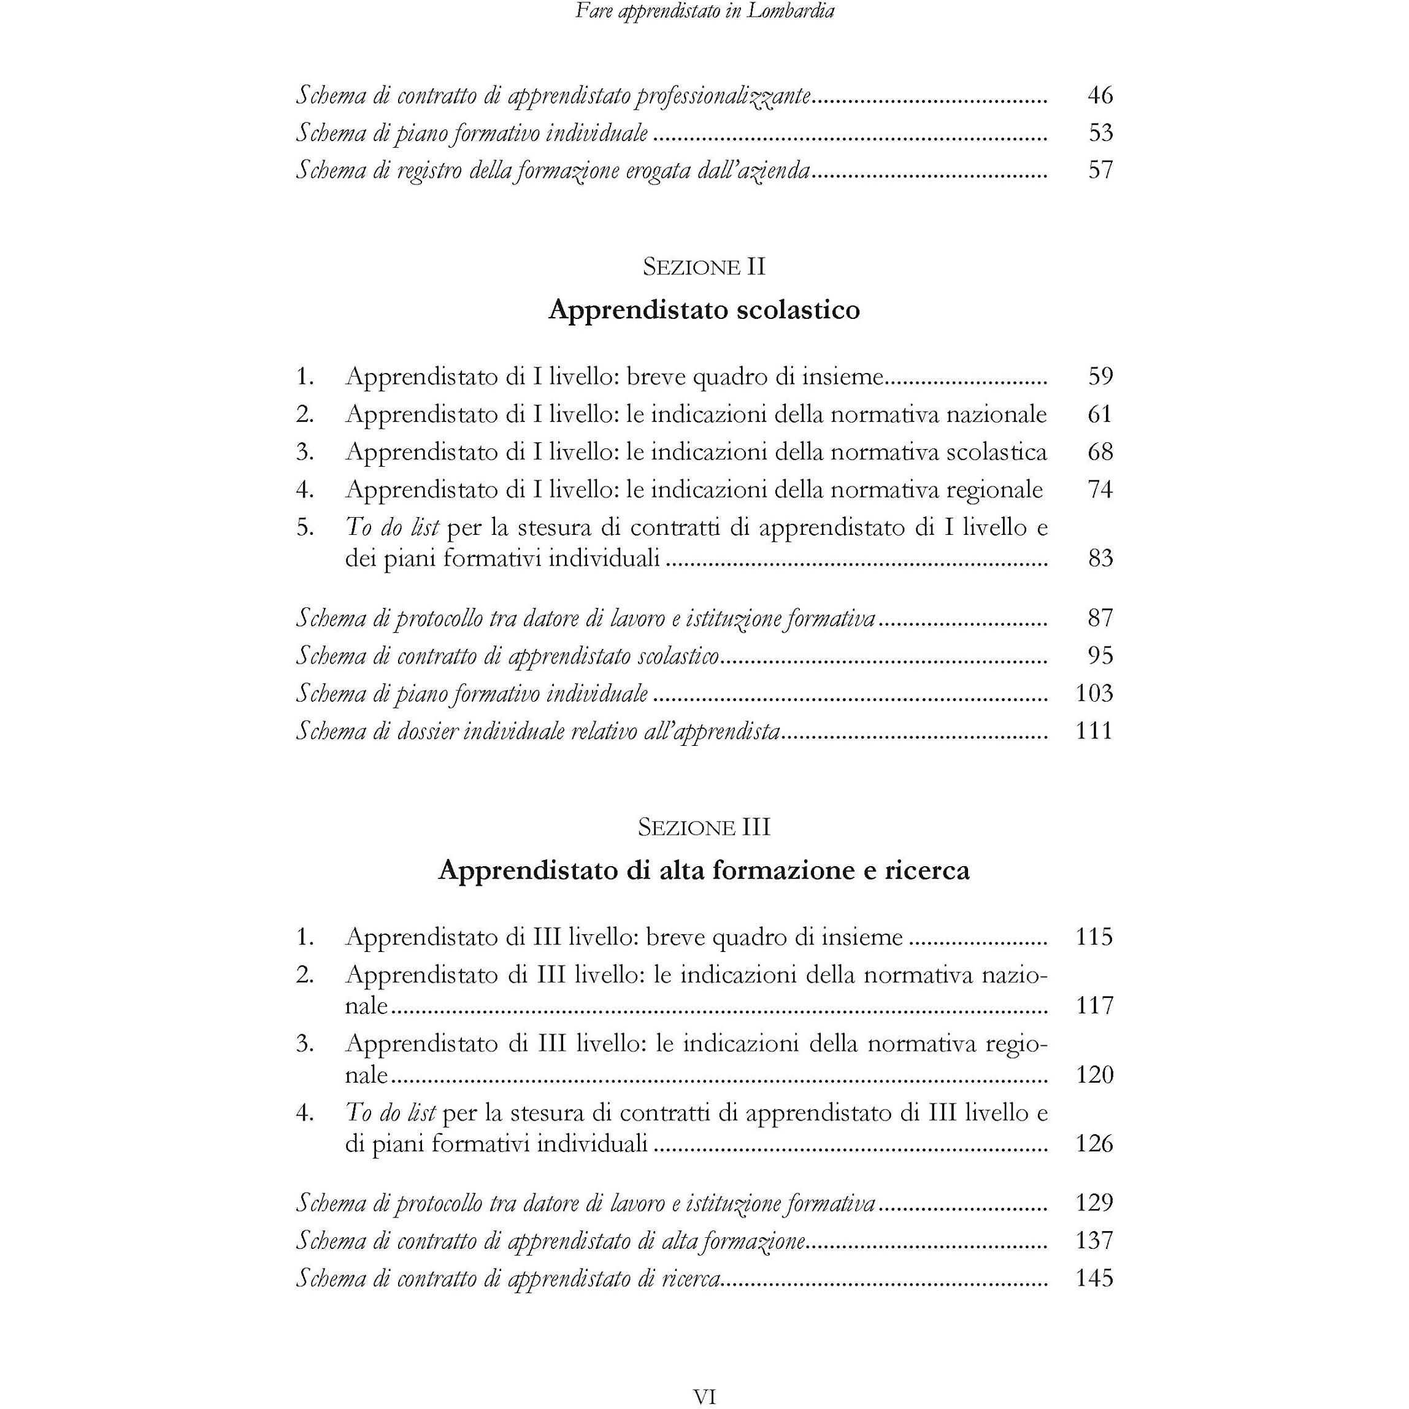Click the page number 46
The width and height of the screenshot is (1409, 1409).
[x=1100, y=96]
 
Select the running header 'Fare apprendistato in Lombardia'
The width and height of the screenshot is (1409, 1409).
[x=704, y=12]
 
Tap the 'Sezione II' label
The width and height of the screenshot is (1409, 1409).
[x=704, y=267]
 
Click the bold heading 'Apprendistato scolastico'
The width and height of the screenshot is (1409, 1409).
[x=704, y=310]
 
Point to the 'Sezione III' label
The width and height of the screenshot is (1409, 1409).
[x=704, y=827]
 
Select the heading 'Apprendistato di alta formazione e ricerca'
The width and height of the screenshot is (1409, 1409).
[x=704, y=870]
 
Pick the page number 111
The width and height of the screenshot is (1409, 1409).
[x=1094, y=731]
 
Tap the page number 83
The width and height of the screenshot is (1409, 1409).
[x=1100, y=559]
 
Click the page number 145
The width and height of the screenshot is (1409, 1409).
[x=1094, y=1278]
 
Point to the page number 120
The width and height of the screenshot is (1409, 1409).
[x=1094, y=1074]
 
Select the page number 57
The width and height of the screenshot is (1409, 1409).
[x=1100, y=171]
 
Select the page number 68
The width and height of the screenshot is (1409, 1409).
[x=1100, y=452]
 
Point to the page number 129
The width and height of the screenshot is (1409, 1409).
[x=1094, y=1203]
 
